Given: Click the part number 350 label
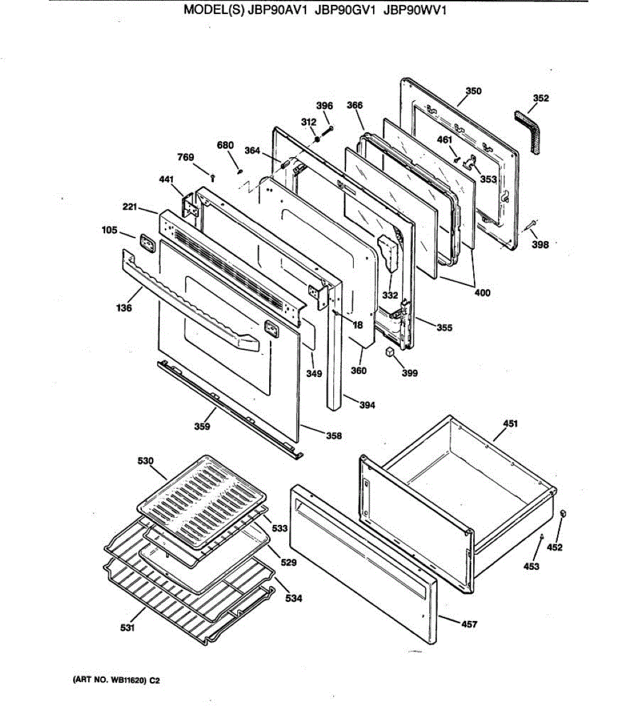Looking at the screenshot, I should (474, 91).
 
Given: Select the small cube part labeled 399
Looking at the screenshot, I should (391, 352).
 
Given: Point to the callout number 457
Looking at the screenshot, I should (469, 624).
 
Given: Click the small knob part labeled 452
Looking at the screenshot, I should (563, 514).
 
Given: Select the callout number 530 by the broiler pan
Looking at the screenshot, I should (145, 461).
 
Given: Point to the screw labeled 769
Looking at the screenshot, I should (213, 176).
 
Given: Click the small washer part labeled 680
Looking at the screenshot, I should (240, 171).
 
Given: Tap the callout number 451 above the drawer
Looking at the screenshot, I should (510, 424).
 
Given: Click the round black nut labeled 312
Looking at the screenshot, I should (317, 139).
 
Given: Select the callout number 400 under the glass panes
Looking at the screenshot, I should (482, 293).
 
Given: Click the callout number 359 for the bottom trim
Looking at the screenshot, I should (202, 427).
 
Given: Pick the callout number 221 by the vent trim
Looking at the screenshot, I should (130, 207).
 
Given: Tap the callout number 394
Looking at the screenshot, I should (367, 405).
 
